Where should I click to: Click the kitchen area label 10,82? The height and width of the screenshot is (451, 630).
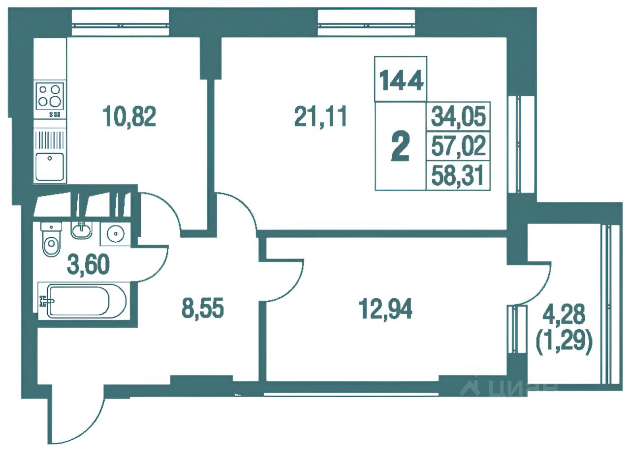[x=129, y=117]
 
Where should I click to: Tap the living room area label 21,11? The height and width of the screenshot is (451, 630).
[x=320, y=116]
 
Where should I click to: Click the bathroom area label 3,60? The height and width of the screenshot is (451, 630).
[x=88, y=264]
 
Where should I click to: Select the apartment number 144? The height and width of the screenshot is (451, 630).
[x=401, y=81]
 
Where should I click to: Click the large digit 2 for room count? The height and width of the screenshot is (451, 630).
[x=400, y=146]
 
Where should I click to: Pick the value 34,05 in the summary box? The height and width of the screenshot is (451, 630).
[x=458, y=116]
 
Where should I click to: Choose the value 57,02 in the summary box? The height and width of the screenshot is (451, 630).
[x=458, y=146]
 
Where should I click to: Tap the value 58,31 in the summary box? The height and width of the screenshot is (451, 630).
[x=457, y=175]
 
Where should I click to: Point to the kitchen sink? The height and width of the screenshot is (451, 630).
[x=50, y=167]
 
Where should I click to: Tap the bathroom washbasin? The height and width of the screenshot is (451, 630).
[x=82, y=230]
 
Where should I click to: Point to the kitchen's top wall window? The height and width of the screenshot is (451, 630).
[x=120, y=23]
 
